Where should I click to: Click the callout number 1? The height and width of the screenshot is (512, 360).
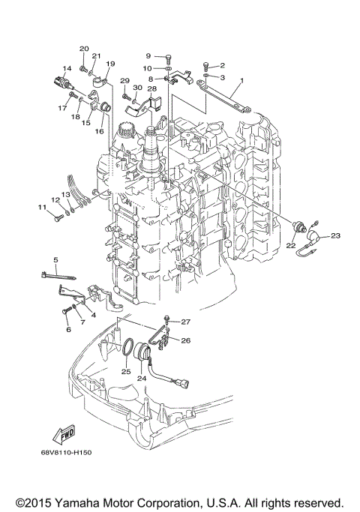(x=242, y=80)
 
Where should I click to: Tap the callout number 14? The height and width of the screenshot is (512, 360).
(x=67, y=69)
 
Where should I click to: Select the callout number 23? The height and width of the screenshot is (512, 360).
(x=335, y=236)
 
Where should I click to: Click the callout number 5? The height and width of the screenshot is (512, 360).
(x=55, y=259)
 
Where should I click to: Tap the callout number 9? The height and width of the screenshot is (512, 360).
(x=148, y=56)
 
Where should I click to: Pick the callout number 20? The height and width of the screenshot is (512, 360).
(x=84, y=49)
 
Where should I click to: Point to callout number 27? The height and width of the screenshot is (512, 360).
(x=185, y=322)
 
